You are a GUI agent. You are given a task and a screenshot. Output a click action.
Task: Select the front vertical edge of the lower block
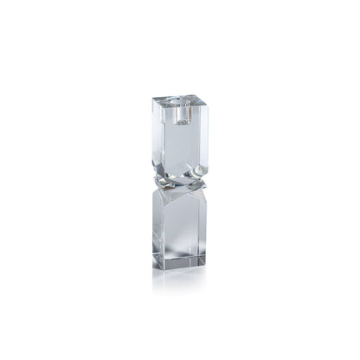183,234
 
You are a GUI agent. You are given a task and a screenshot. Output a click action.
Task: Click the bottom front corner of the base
183,270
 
